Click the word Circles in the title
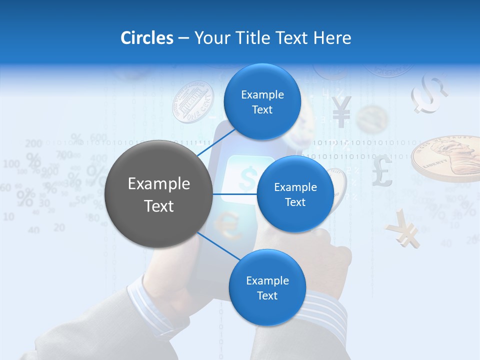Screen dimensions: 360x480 click(146, 38)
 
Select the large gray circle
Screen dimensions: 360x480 click(158, 194)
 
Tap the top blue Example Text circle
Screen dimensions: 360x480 click(262, 101)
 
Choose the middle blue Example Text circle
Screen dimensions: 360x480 click(295, 194)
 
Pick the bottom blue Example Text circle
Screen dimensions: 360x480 click(267, 287)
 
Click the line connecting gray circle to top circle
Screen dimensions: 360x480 click(215, 143)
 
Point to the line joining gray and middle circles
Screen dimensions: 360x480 click(235, 194)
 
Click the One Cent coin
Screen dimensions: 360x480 click(192, 102)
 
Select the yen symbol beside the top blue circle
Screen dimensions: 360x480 click(341, 111)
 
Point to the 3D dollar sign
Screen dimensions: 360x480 click(429, 93)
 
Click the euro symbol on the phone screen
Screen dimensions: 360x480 click(230, 224)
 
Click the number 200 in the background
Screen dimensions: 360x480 click(33, 143)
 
